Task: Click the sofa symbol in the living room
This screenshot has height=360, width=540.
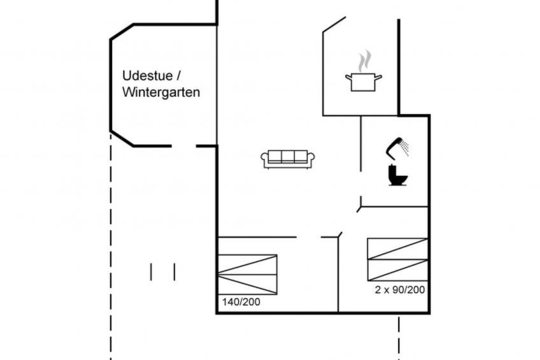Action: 288,159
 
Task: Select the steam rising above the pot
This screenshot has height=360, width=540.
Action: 364,62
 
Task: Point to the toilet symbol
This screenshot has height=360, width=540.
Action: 398,175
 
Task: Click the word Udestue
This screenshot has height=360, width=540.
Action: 146,75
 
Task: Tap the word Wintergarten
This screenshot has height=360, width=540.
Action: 161,92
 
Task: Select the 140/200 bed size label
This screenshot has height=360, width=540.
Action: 241,302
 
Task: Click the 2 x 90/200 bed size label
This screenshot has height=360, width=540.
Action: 400,290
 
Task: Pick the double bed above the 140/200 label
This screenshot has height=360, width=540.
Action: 247,274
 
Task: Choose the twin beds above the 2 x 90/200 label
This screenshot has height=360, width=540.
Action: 397,259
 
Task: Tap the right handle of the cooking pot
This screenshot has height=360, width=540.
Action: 378,77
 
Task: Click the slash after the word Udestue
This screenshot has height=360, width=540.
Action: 178,75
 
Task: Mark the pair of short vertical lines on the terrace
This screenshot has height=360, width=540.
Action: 162,271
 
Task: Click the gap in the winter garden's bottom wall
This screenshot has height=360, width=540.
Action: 183,146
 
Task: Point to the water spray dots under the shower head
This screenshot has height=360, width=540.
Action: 404,148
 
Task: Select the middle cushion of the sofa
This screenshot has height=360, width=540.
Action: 288,156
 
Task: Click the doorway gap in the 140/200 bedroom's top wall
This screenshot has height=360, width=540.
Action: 309,237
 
